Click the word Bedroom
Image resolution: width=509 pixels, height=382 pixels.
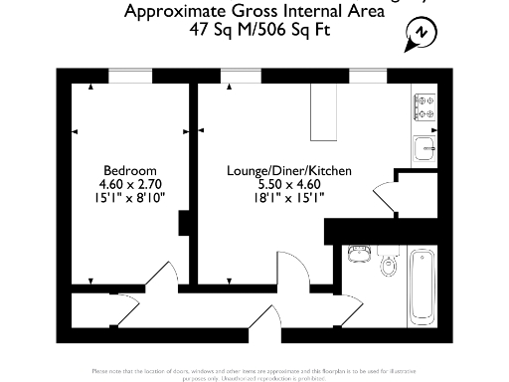[x=130, y=171]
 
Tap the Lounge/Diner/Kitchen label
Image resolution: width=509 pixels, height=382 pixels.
[x=288, y=171]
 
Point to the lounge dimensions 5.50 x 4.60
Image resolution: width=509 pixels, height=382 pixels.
[x=288, y=184]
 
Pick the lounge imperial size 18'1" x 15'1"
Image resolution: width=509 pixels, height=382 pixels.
[x=288, y=197]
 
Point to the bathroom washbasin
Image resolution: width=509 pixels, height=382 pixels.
[x=360, y=255]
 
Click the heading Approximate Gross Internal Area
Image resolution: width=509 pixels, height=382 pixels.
[x=253, y=12]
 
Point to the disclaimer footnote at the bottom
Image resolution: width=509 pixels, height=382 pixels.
[x=254, y=372]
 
